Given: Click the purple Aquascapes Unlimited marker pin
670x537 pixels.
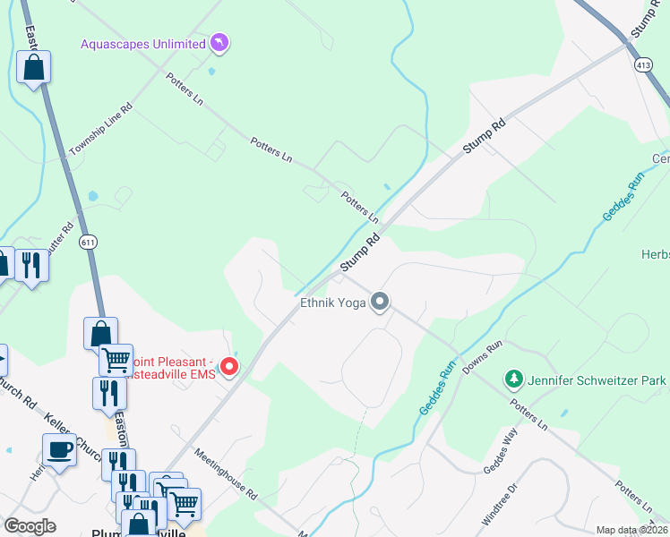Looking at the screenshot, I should (x=219, y=42).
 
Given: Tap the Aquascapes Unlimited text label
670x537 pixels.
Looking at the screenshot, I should (x=142, y=43).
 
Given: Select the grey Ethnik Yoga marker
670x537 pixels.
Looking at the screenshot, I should (x=380, y=303).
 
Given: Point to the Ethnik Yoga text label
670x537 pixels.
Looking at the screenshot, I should (x=331, y=303).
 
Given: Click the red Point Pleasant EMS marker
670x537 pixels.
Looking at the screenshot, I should (x=229, y=366).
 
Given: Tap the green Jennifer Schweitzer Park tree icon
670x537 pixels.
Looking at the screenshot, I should (x=513, y=380).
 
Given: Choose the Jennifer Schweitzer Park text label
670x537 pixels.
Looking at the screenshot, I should (x=597, y=381).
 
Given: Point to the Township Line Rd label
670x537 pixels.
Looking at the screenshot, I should (x=100, y=130).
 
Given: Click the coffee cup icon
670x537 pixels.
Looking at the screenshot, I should (x=60, y=449).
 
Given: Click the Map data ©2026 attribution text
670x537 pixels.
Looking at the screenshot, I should (x=631, y=530).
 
